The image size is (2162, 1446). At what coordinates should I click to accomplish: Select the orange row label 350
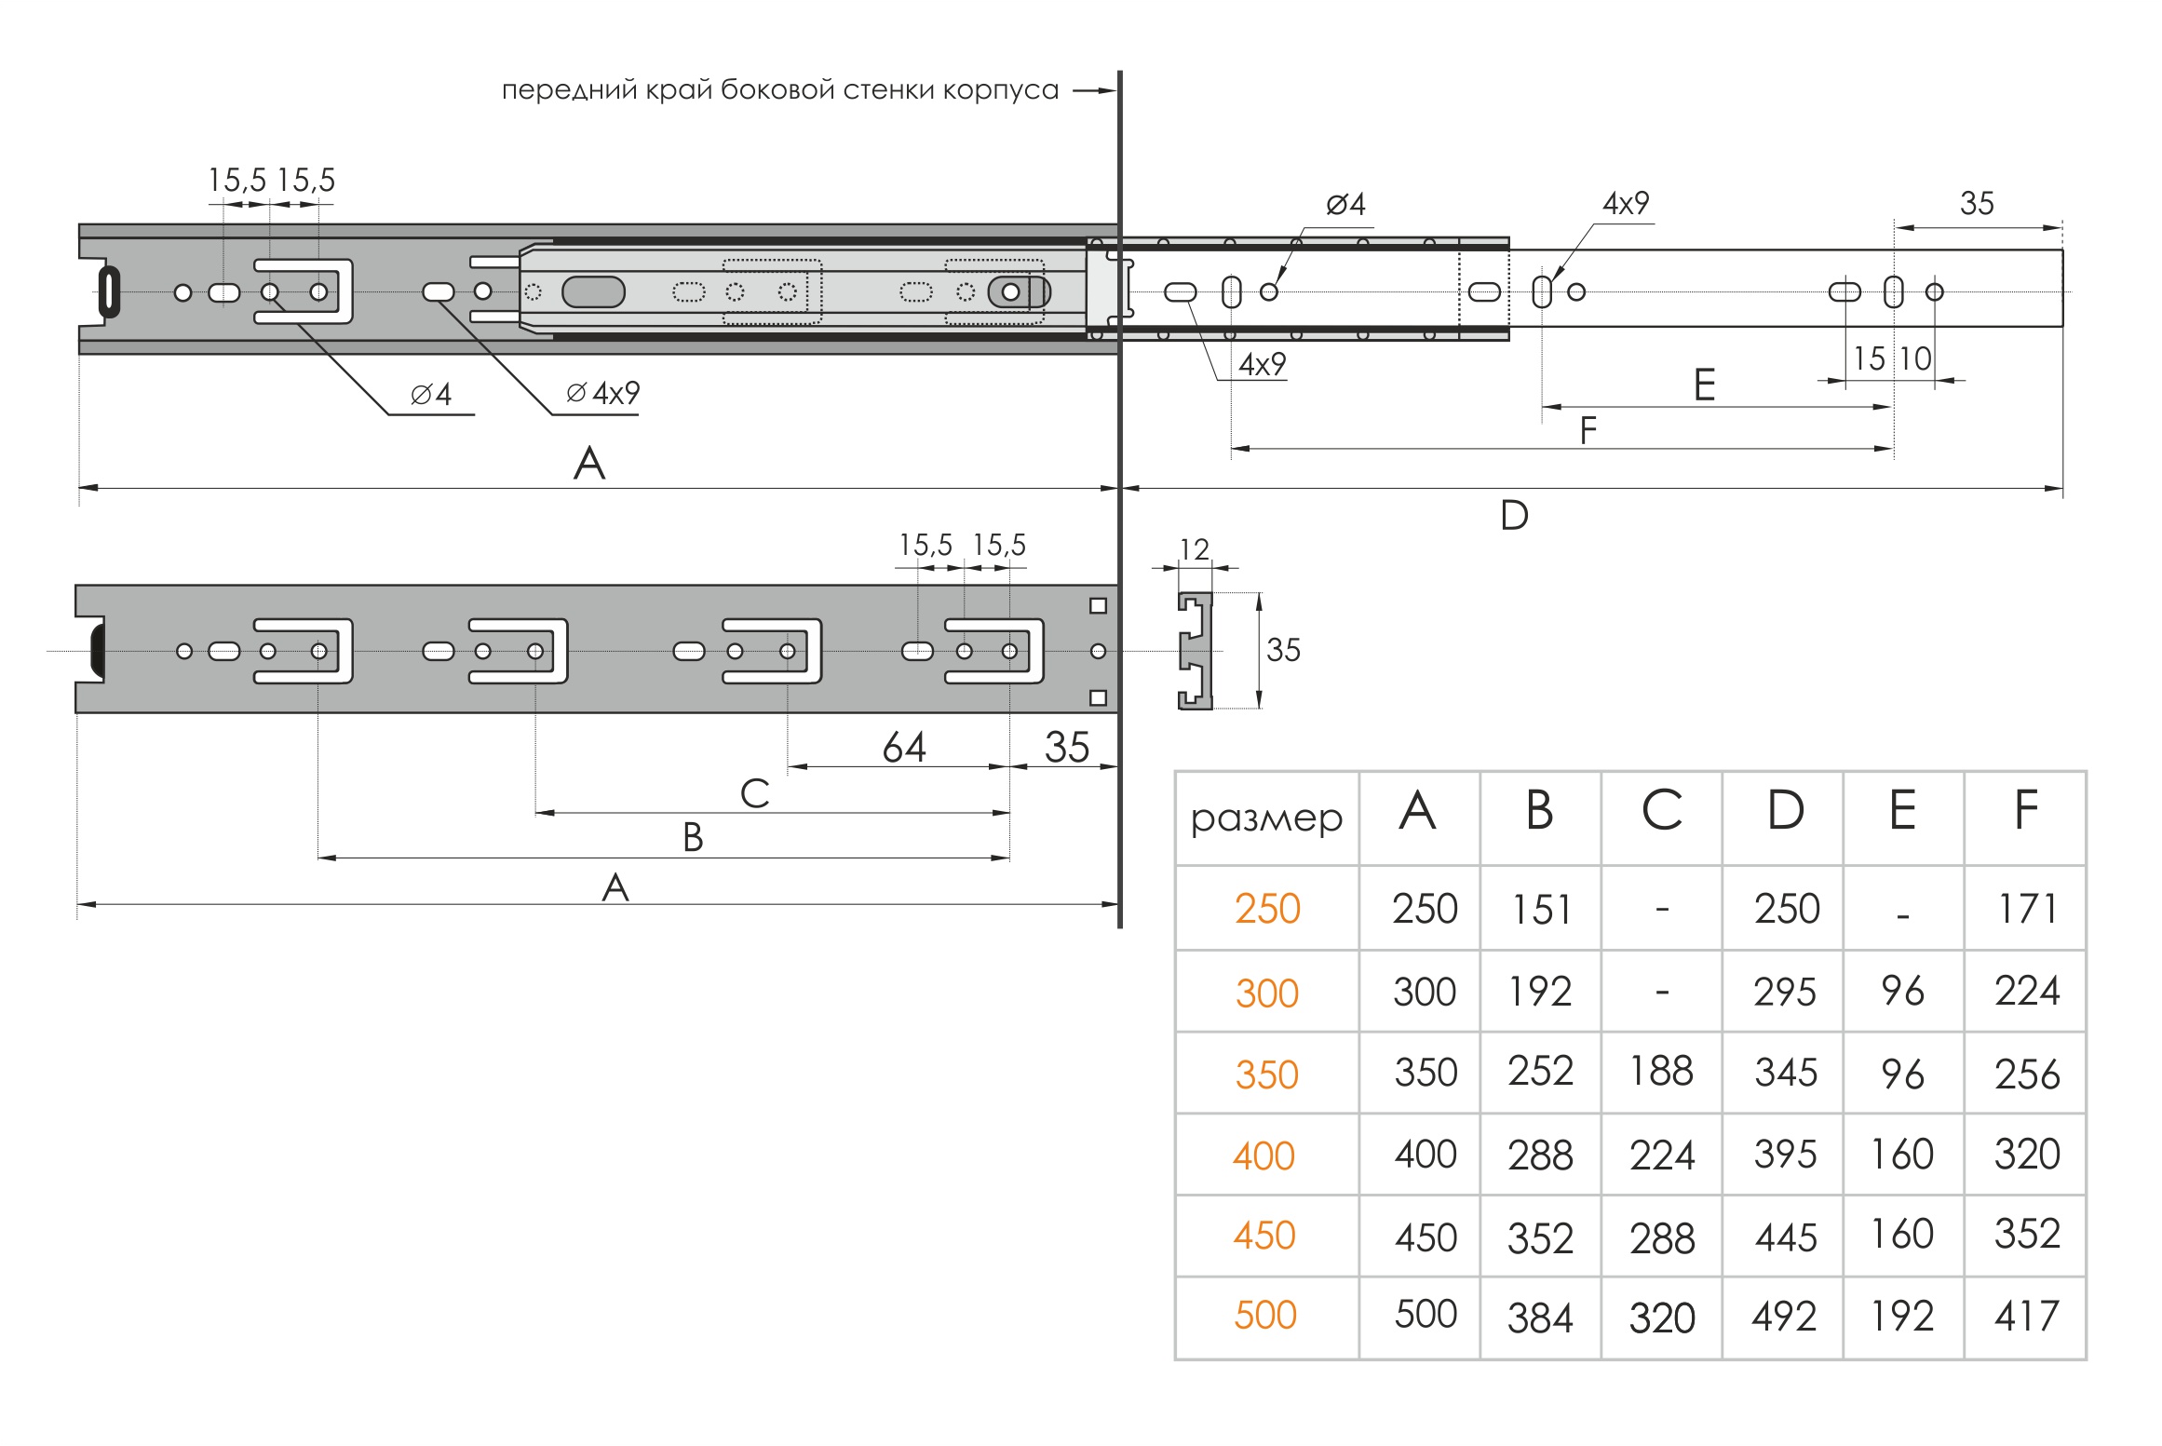click(x=1266, y=1074)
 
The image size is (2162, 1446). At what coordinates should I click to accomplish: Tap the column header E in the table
click(x=1902, y=810)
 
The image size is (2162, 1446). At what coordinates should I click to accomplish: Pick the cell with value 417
click(x=2026, y=1317)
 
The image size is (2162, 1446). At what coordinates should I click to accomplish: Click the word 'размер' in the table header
click(x=1266, y=818)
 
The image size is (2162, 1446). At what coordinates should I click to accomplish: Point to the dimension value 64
click(x=904, y=747)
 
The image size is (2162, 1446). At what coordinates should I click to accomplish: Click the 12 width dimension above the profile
click(x=1194, y=549)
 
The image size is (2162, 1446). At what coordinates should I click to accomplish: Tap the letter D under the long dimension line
click(x=1514, y=515)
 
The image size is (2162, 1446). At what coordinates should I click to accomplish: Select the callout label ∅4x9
click(x=603, y=393)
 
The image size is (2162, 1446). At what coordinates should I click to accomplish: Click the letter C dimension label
click(x=754, y=794)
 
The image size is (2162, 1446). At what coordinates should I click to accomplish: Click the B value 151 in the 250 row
click(x=1541, y=910)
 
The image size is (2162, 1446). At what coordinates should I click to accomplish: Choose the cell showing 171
click(x=2027, y=909)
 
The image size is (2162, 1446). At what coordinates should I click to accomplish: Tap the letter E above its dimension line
click(x=1704, y=385)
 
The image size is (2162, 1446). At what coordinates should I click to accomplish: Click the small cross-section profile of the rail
click(x=1196, y=650)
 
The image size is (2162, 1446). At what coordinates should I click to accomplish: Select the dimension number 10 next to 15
click(x=1915, y=359)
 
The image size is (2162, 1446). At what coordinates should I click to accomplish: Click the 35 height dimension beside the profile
click(x=1283, y=650)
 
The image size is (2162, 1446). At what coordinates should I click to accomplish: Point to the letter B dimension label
click(x=693, y=838)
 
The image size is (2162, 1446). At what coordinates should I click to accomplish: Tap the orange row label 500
click(x=1265, y=1316)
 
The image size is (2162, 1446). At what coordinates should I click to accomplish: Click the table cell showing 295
click(x=1784, y=993)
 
